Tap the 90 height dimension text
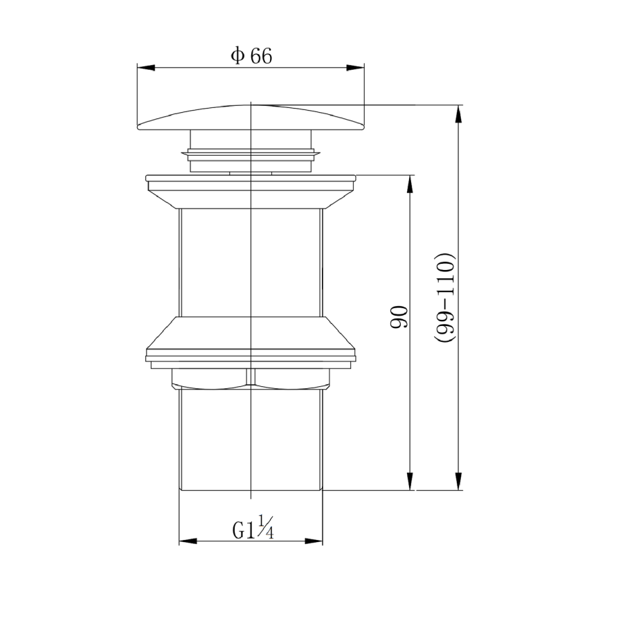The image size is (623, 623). click(x=400, y=316)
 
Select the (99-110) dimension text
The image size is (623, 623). click(x=445, y=298)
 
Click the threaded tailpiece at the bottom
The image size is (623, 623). click(x=251, y=443)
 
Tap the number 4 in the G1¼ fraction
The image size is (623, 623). click(x=270, y=534)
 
